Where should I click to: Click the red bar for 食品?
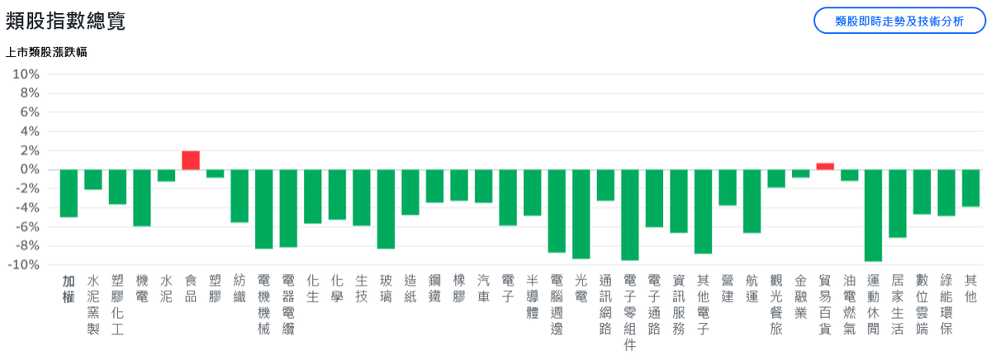pyautogui.click(x=191, y=160)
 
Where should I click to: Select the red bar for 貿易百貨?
pyautogui.click(x=825, y=166)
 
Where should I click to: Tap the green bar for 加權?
pyautogui.click(x=69, y=193)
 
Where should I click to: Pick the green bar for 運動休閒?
pyautogui.click(x=874, y=216)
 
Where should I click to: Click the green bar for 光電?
pyautogui.click(x=581, y=214)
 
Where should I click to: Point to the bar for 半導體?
pyautogui.click(x=532, y=192)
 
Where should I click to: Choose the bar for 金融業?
pyautogui.click(x=801, y=173)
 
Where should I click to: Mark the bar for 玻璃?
pyautogui.click(x=386, y=209)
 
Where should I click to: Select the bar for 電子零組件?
pyautogui.click(x=629, y=215)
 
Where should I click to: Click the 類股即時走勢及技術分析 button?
pyautogui.click(x=899, y=21)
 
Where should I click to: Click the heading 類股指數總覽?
pyautogui.click(x=65, y=21)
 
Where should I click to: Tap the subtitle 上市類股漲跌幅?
pyautogui.click(x=46, y=52)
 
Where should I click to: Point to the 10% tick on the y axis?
pyautogui.click(x=26, y=74)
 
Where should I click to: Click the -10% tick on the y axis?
pyautogui.click(x=23, y=265)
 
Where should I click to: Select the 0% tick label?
pyautogui.click(x=30, y=169)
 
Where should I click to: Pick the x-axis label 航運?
pyautogui.click(x=752, y=288)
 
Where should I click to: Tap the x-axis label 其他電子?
pyautogui.click(x=703, y=305)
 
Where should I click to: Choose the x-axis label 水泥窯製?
pyautogui.click(x=92, y=305)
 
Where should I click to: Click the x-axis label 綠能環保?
pyautogui.click(x=946, y=305)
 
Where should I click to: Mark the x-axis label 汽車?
pyautogui.click(x=484, y=288)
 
